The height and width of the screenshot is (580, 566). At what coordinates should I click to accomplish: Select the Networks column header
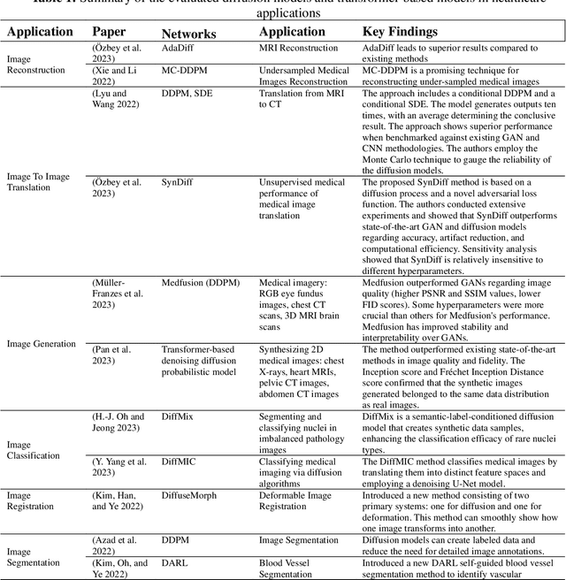189,34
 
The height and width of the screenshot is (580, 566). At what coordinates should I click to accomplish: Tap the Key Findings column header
400,32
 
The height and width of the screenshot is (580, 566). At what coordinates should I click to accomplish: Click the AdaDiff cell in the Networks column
180,50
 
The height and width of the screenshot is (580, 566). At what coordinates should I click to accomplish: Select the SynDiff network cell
178,182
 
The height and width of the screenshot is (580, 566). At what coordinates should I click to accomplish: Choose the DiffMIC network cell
181,462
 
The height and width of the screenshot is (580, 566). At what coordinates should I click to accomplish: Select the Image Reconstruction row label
35,64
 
